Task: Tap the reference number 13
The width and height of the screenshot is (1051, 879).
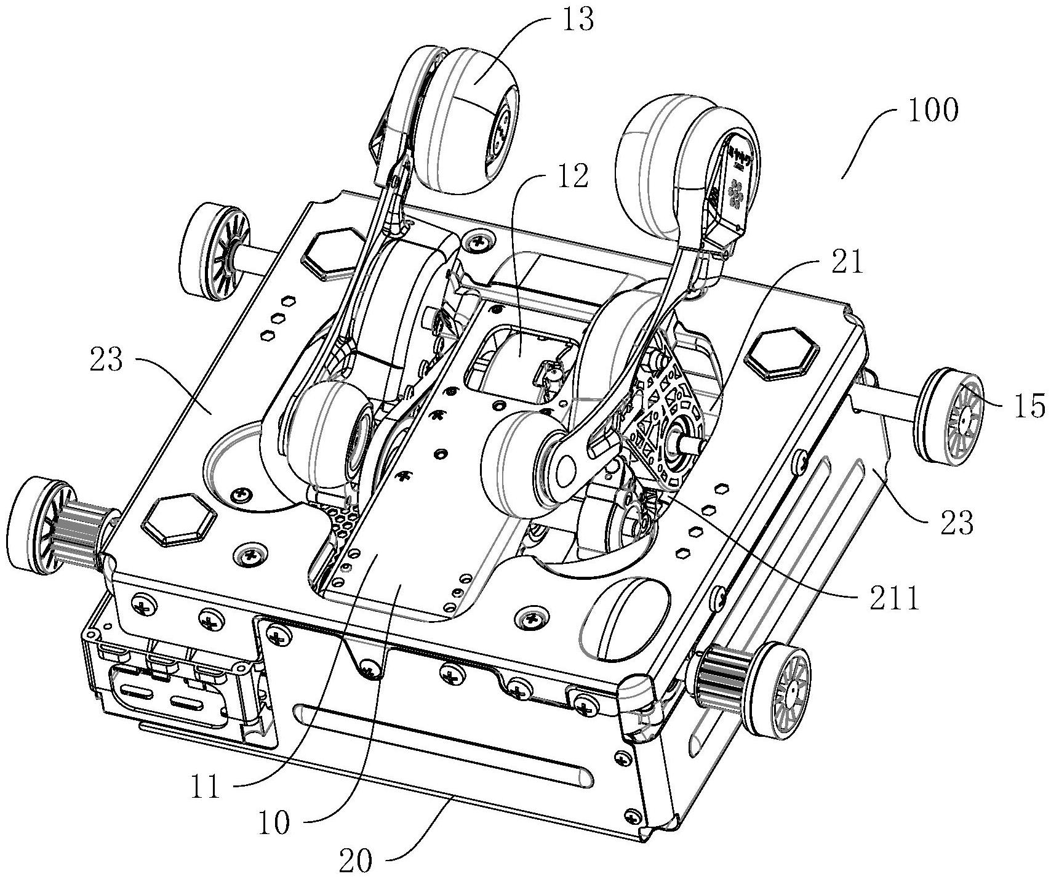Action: tap(578, 20)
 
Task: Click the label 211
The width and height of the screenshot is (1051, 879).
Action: tap(893, 597)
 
